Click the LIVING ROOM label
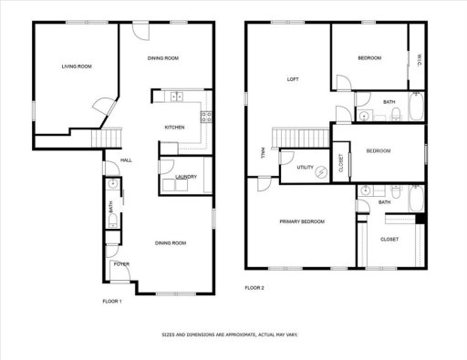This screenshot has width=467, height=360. pyautogui.click(x=76, y=67)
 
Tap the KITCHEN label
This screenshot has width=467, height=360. pyautogui.click(x=175, y=127)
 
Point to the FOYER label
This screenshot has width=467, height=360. pyautogui.click(x=120, y=264)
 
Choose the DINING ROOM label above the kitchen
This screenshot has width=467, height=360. pyautogui.click(x=162, y=58)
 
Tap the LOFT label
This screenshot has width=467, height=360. pyautogui.click(x=293, y=79)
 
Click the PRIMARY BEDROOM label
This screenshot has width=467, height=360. pyautogui.click(x=301, y=221)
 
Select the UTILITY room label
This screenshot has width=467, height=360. pyautogui.click(x=305, y=168)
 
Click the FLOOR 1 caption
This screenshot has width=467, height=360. pyautogui.click(x=111, y=301)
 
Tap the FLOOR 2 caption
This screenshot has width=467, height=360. pyautogui.click(x=254, y=288)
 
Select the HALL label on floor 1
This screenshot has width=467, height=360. pyautogui.click(x=127, y=160)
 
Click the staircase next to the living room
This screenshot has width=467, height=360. pyautogui.click(x=110, y=138)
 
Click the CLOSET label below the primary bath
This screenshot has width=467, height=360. pyautogui.click(x=389, y=239)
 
